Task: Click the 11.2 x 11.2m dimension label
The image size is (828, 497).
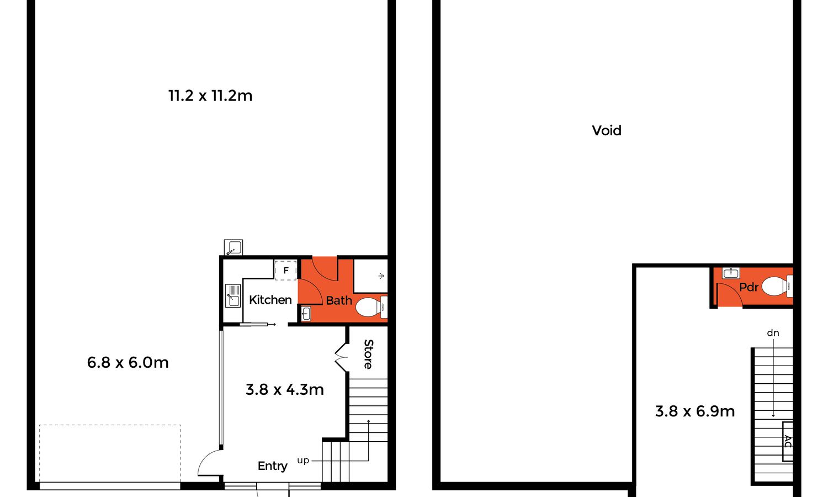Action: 210,96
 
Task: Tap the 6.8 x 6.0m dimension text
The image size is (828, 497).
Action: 128,362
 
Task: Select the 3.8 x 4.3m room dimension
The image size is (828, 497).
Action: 285,390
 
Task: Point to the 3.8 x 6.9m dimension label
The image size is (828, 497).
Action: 695,411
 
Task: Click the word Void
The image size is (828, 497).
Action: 607,130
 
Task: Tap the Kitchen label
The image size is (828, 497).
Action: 270,299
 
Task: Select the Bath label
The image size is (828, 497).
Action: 339,300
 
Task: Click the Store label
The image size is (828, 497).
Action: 368,355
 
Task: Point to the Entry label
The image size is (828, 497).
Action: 273,466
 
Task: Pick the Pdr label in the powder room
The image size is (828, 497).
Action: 749,287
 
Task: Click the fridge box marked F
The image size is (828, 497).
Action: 286,271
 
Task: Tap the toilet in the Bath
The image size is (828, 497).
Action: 371,307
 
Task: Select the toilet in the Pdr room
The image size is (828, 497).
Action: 777,286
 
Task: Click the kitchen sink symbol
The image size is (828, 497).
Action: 233,295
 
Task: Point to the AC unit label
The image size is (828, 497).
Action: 788,442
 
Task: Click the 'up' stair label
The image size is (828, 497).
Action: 303,461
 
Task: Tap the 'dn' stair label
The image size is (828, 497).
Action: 773,333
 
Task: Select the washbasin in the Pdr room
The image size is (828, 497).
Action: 731,273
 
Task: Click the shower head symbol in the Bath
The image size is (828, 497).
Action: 381,276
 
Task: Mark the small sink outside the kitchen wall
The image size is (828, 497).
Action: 233,247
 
